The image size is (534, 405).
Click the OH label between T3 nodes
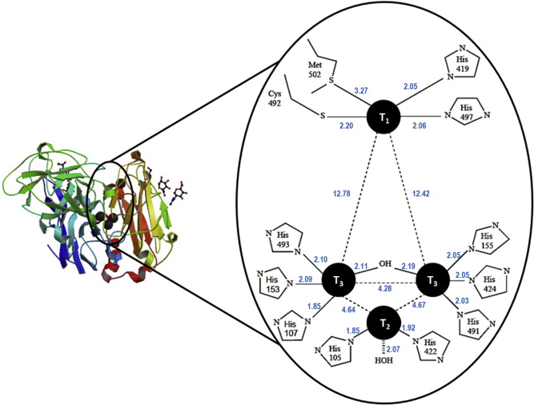(384, 262)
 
